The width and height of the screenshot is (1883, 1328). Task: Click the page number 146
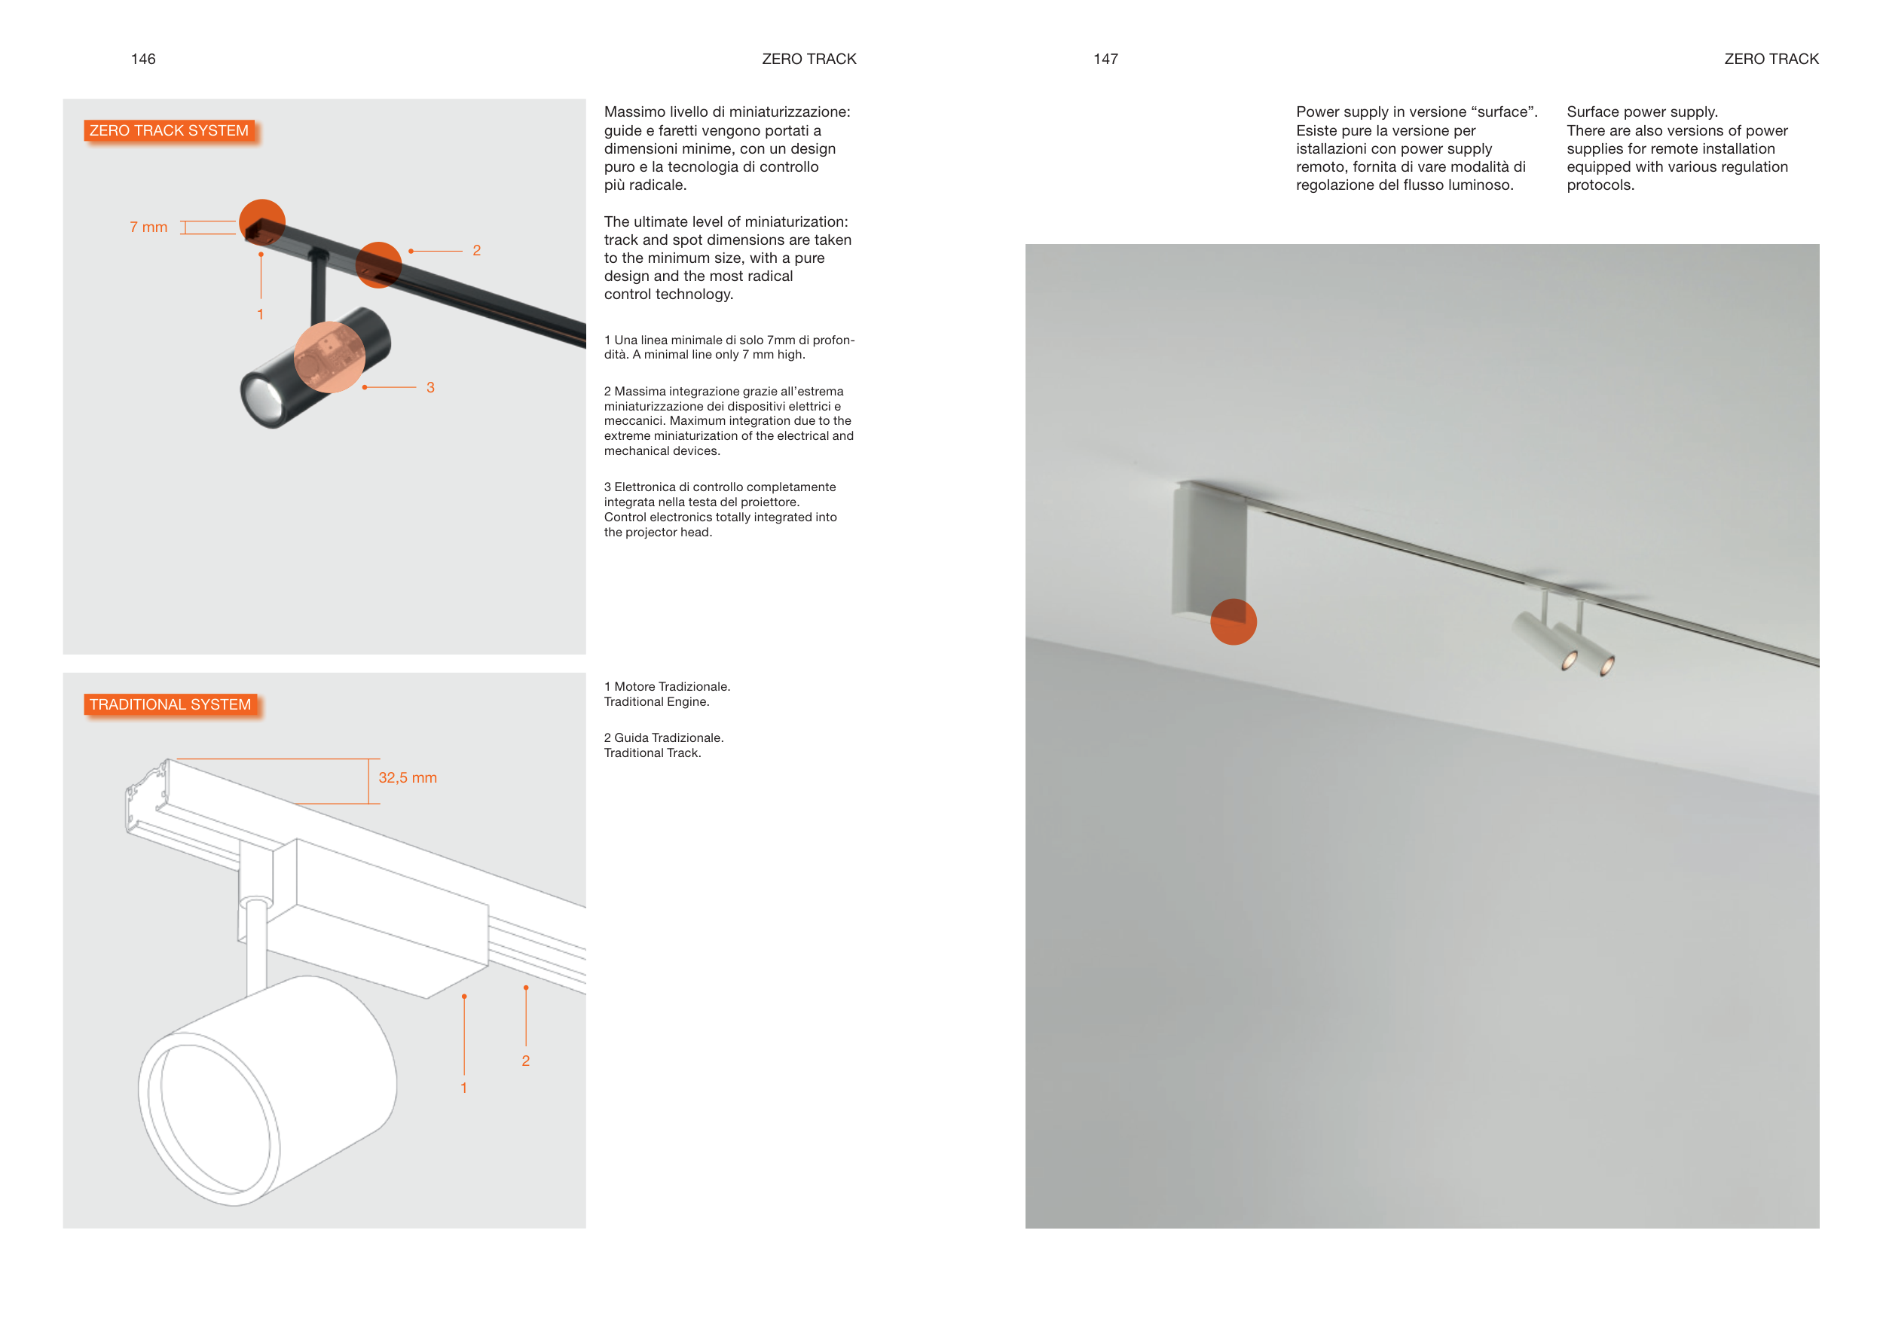(x=142, y=59)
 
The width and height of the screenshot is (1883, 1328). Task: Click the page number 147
(x=1105, y=59)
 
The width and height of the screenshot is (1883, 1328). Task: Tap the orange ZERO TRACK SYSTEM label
(x=169, y=130)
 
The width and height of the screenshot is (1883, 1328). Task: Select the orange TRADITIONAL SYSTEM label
(x=170, y=704)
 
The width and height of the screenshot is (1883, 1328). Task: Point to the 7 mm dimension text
(x=148, y=227)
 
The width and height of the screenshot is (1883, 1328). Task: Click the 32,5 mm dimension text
(x=408, y=777)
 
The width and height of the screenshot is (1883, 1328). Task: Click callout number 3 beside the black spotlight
(x=430, y=388)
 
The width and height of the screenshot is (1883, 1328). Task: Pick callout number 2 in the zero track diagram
(x=476, y=251)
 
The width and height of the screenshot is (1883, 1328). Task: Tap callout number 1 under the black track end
(x=261, y=314)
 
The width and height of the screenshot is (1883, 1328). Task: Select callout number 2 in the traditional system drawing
(x=526, y=1061)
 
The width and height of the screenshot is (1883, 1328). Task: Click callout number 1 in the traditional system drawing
(x=464, y=1088)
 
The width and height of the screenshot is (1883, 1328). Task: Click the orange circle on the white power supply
(x=1233, y=621)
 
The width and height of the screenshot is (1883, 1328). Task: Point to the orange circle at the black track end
(x=262, y=222)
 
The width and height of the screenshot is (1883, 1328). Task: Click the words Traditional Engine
(x=657, y=702)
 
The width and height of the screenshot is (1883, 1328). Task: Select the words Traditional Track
(x=653, y=753)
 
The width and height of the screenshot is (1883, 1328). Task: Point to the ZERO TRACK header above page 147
(x=1771, y=59)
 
